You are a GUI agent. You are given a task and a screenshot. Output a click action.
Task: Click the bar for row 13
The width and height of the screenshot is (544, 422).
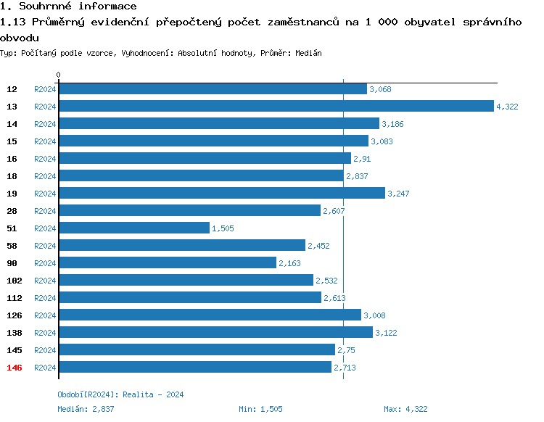276,107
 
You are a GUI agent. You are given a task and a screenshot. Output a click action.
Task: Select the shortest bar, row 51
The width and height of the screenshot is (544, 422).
134,228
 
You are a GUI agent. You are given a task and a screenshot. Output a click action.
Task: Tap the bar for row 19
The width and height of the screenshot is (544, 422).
221,194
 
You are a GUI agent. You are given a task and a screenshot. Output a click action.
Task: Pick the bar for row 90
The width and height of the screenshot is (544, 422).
168,263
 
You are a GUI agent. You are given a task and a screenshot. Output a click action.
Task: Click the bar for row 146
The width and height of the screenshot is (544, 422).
195,368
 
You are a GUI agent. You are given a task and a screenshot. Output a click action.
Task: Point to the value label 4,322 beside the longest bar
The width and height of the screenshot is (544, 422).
507,107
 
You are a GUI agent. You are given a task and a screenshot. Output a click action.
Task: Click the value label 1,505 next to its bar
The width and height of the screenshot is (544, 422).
223,228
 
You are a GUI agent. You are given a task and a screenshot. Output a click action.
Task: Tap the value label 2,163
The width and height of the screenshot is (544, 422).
289,263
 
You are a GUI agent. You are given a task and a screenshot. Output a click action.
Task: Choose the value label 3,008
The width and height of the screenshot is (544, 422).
375,315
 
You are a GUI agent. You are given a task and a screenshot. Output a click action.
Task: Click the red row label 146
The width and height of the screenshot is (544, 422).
15,368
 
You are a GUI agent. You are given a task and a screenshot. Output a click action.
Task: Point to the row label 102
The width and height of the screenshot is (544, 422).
15,281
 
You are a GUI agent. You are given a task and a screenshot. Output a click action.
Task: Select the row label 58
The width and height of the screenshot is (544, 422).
12,246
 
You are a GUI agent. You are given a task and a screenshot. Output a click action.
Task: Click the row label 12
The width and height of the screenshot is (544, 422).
12,89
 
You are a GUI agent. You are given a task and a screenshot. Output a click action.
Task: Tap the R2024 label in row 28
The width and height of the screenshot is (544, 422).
45,211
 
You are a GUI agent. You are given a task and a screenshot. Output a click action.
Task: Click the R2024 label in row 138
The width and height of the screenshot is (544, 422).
45,333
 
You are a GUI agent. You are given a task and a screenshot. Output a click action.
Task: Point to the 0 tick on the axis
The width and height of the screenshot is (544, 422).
59,75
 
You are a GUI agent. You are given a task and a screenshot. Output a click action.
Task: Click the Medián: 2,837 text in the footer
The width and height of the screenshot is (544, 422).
86,409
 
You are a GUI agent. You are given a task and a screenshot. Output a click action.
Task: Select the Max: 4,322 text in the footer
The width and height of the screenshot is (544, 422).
405,409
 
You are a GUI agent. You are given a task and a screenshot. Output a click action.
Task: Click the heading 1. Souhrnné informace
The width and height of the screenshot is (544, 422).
68,7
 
